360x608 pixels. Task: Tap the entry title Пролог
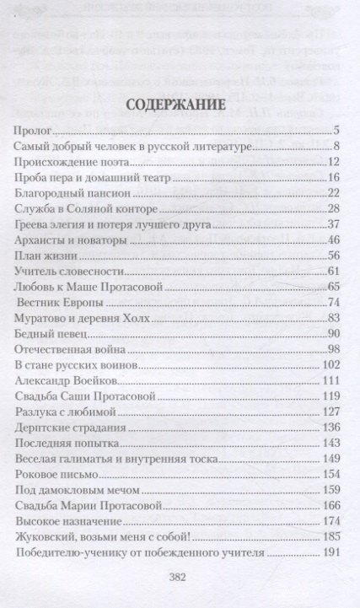click(33, 131)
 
